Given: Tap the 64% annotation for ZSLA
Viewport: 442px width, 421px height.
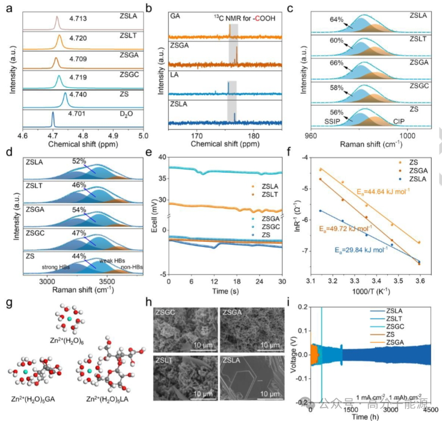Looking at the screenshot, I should [x=336, y=20].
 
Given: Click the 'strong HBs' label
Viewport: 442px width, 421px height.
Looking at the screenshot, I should [x=56, y=267].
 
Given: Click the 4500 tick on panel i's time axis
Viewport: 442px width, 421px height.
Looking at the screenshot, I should [x=431, y=409].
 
